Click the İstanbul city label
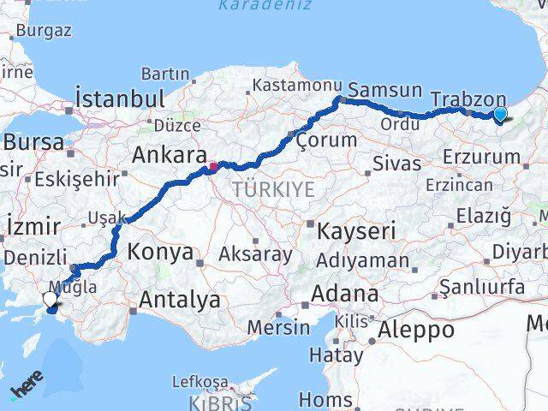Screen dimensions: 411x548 click(119, 98)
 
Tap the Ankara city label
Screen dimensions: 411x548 click(165, 155)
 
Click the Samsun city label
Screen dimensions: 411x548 click(386, 90)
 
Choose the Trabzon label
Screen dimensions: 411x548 click(468, 98)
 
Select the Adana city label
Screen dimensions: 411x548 click(344, 294)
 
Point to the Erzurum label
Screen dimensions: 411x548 click(482, 157)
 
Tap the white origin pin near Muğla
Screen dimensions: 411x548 click(51, 299)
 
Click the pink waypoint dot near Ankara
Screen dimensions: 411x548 click(212, 166)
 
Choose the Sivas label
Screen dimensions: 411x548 click(397, 163)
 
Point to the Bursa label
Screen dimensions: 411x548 click(39, 141)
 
